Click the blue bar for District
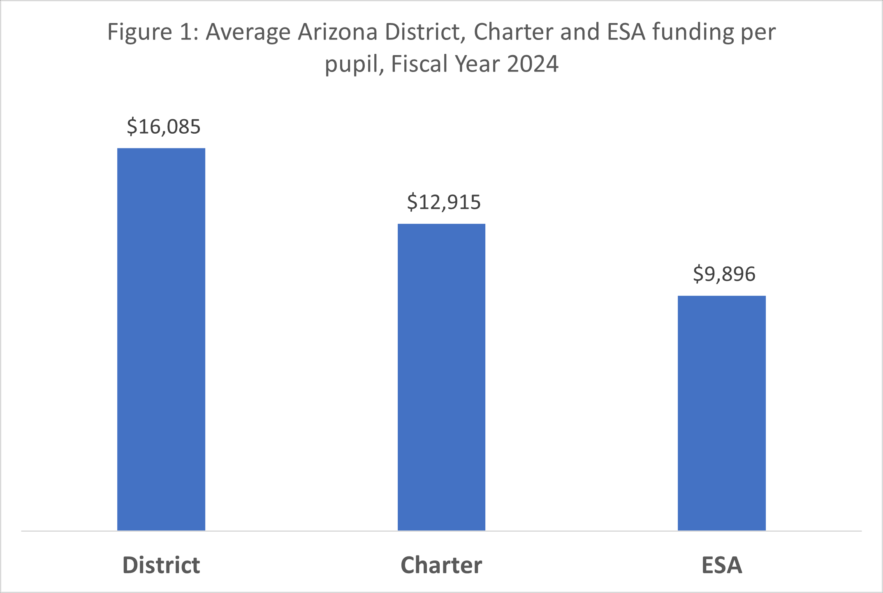click(x=161, y=339)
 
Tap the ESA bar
click(x=721, y=413)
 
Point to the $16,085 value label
click(x=163, y=127)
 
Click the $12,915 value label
click(x=444, y=202)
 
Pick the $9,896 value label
click(x=724, y=274)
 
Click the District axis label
click(x=161, y=565)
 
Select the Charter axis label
click(x=441, y=565)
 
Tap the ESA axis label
click(x=721, y=565)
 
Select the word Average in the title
click(x=248, y=32)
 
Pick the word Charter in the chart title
click(x=513, y=32)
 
